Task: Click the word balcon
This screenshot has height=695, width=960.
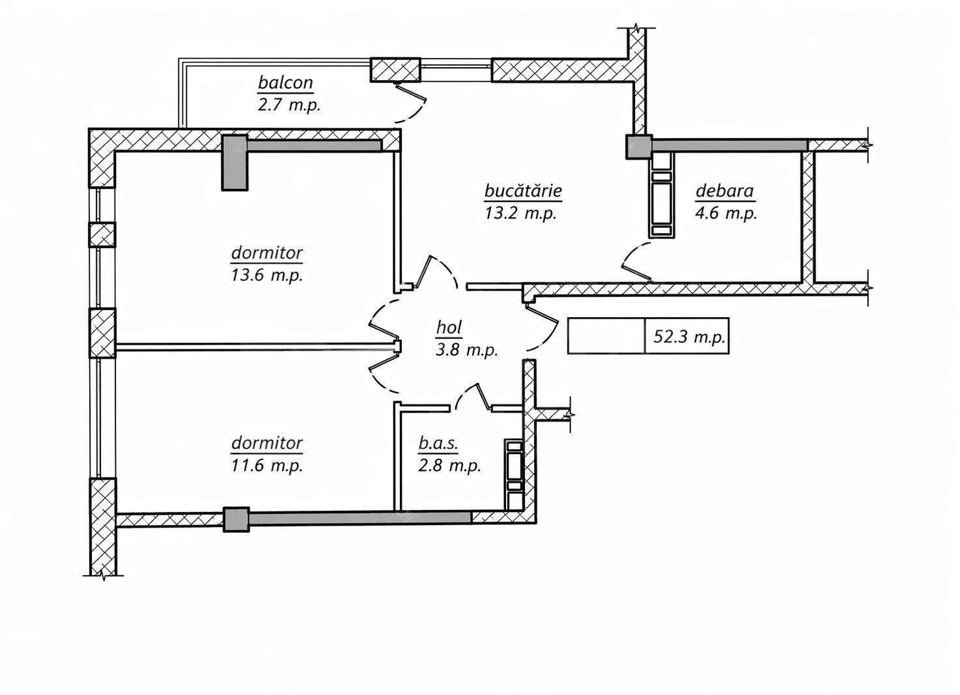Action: click(285, 83)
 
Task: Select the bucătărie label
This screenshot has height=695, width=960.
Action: click(523, 191)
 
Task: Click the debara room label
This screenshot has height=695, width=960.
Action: click(724, 191)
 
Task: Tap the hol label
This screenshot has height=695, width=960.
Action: click(449, 328)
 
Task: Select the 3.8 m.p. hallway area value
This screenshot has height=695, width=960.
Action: click(466, 349)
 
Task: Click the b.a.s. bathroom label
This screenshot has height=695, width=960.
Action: click(439, 444)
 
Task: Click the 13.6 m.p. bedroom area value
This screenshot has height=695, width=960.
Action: click(267, 274)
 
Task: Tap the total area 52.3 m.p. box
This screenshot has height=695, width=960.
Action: click(687, 337)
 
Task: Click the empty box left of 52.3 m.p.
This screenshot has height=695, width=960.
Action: click(606, 337)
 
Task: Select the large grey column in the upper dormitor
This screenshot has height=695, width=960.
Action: click(235, 163)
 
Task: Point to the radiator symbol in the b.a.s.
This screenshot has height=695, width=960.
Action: click(514, 466)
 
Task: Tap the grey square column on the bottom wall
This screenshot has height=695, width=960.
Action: click(236, 519)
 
